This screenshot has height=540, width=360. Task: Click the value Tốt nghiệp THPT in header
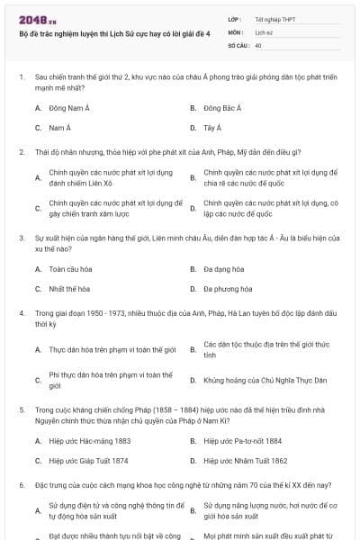coord(275,18)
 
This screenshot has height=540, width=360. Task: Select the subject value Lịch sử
coord(263,31)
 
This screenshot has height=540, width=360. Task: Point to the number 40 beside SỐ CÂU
coord(258,44)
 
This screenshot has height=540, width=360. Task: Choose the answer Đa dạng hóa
coord(223,269)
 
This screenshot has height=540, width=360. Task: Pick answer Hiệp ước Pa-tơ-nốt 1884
coord(242,441)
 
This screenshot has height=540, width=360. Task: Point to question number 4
coord(21,314)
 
